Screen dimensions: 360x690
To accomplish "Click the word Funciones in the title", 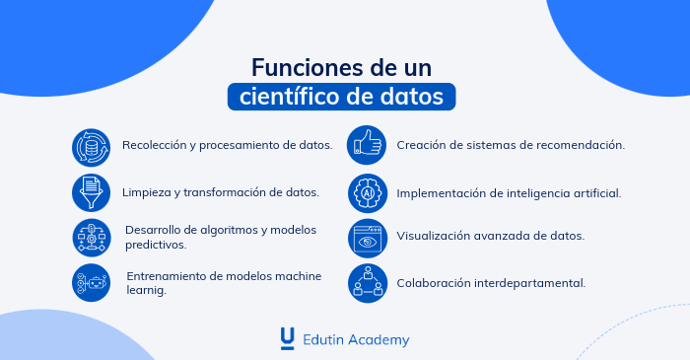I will [x=302, y=68].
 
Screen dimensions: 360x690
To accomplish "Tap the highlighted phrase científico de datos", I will [x=342, y=98].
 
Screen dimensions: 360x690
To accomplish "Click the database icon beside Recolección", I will [x=91, y=146].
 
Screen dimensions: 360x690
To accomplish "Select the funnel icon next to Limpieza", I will [x=91, y=192].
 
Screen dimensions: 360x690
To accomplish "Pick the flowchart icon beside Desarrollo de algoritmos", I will [x=91, y=238].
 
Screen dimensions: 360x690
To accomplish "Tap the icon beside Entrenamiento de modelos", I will [x=91, y=283].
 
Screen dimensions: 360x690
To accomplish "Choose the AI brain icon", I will [x=367, y=192].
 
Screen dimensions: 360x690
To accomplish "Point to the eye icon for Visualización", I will [x=367, y=238].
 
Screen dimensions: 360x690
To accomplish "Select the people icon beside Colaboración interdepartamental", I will [x=367, y=283].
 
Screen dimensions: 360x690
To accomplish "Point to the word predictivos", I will [x=155, y=245].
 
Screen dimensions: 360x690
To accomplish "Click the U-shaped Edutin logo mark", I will [x=287, y=338].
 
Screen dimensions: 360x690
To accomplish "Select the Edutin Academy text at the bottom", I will [x=355, y=339].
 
